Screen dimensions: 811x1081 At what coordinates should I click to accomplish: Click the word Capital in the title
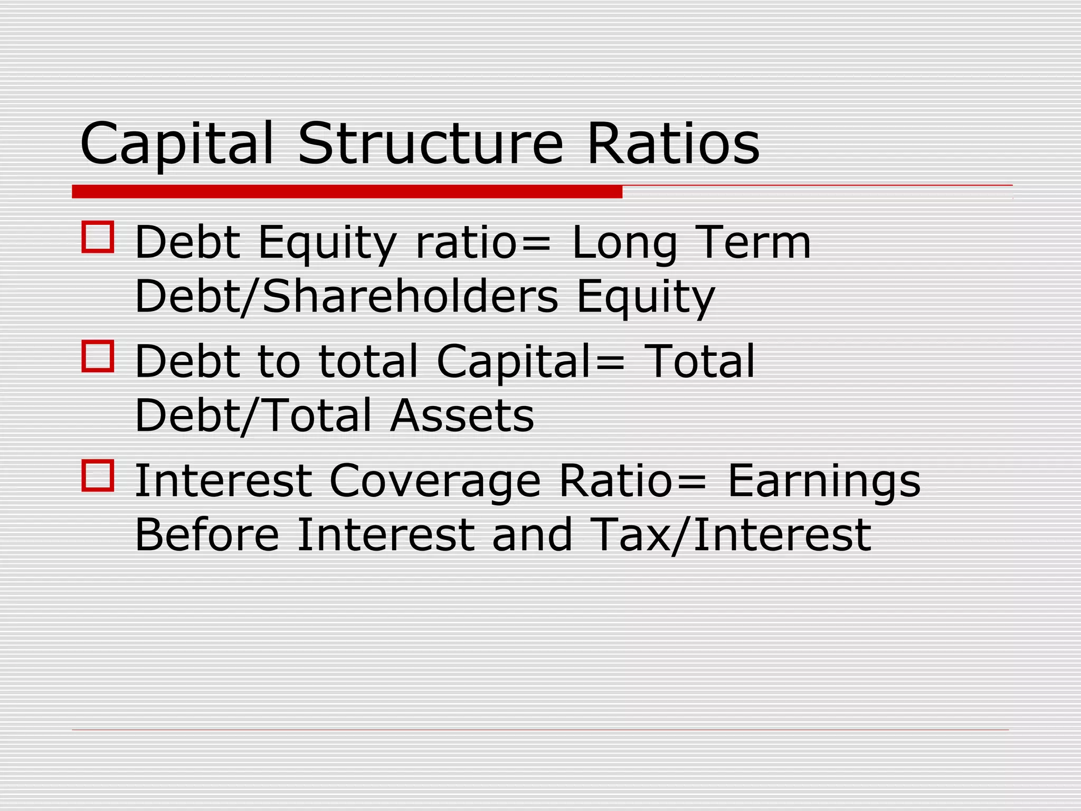(176, 144)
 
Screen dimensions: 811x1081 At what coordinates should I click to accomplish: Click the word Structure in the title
(430, 144)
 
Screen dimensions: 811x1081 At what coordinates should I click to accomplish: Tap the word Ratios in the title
(673, 144)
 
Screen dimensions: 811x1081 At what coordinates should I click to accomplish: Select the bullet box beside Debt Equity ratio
(98, 237)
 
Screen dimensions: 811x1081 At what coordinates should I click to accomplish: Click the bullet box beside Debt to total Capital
(98, 356)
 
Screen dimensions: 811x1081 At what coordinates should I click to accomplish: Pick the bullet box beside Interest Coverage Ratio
(98, 476)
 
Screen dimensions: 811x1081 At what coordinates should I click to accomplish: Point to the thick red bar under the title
(347, 192)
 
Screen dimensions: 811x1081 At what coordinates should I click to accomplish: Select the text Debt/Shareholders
(346, 296)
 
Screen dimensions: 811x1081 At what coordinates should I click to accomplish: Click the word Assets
(462, 416)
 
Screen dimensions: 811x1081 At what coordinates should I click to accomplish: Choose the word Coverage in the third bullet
(435, 482)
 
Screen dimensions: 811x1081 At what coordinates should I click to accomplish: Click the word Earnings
(824, 482)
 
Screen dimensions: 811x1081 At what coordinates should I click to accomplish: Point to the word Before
(207, 535)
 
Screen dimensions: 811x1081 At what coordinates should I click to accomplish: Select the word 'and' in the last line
(532, 535)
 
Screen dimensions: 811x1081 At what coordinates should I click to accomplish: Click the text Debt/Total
(253, 416)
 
